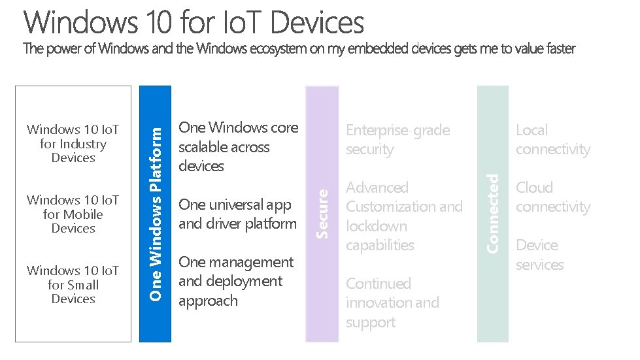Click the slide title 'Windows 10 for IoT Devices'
(x=194, y=22)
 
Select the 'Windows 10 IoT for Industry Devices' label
(x=73, y=144)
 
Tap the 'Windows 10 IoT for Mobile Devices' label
(x=73, y=214)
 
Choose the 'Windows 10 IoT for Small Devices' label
(x=73, y=285)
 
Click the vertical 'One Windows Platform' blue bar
(x=155, y=214)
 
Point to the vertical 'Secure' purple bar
(x=322, y=214)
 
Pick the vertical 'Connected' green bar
(x=493, y=214)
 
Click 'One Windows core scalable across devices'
(x=238, y=147)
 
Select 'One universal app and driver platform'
(x=237, y=214)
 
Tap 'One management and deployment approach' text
(x=236, y=282)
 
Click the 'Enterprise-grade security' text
(x=397, y=140)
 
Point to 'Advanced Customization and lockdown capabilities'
(x=404, y=216)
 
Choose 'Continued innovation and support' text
(x=392, y=303)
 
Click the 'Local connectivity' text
(x=552, y=140)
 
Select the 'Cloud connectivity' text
(x=552, y=197)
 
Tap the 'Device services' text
(x=539, y=255)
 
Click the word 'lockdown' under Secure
(x=376, y=226)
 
